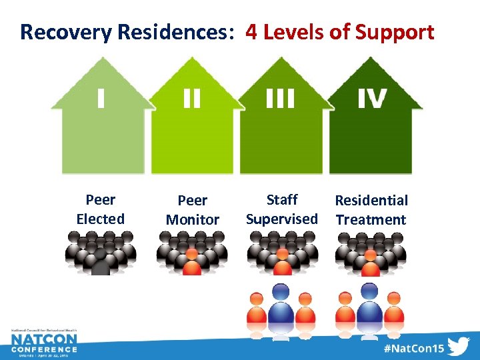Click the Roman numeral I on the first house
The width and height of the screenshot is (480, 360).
click(100, 99)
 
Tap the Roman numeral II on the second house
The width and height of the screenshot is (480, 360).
click(191, 99)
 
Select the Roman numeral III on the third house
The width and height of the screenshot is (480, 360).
click(280, 99)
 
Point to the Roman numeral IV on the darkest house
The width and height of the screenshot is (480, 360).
click(371, 99)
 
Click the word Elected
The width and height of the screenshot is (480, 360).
click(100, 219)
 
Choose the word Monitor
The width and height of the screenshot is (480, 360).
click(192, 219)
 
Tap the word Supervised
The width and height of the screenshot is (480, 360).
click(282, 219)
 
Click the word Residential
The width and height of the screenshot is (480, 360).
click(371, 200)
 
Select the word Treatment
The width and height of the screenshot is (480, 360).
click(371, 219)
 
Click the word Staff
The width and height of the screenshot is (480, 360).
click(282, 199)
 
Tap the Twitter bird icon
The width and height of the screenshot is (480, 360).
click(459, 347)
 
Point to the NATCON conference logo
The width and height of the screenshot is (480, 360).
click(44, 343)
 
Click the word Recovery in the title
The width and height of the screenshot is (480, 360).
click(59, 31)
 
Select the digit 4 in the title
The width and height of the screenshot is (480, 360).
click(252, 31)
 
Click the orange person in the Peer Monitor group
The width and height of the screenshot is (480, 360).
click(192, 262)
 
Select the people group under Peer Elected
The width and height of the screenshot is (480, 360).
click(100, 253)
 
